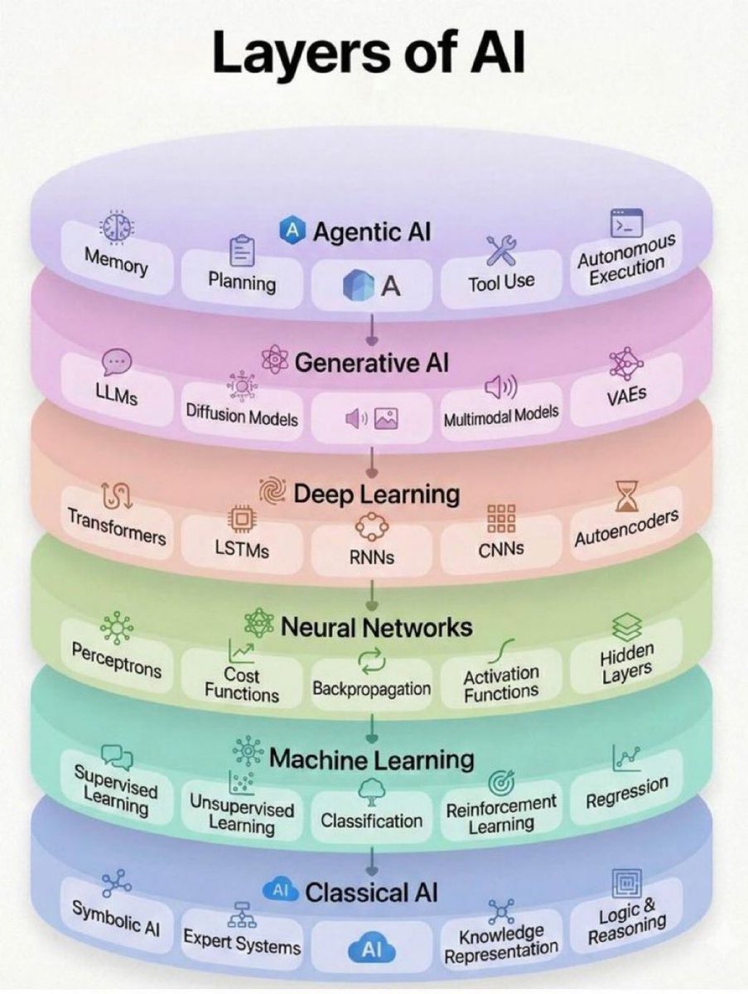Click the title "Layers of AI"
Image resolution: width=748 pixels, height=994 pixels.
[369, 55]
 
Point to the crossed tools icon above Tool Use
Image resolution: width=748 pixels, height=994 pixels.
[500, 247]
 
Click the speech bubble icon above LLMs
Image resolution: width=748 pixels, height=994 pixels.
[117, 361]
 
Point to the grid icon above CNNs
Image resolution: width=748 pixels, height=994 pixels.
[501, 519]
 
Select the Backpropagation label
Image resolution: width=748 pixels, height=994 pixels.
[372, 688]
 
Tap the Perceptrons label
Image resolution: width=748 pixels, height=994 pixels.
[116, 660]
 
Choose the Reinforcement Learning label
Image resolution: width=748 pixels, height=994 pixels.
[501, 813]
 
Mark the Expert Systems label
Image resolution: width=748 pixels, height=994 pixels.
[242, 940]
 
